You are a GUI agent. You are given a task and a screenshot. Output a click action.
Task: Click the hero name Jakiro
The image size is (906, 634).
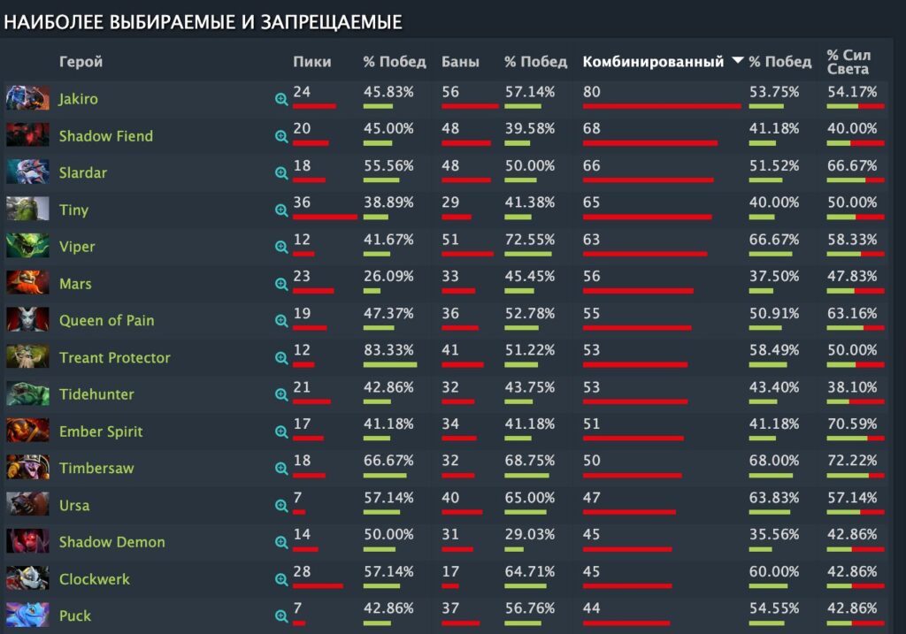(x=78, y=99)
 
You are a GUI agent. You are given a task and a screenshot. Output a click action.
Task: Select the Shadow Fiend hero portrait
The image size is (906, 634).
(x=27, y=135)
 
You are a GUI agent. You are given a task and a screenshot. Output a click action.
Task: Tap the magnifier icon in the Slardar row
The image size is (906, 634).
(x=281, y=173)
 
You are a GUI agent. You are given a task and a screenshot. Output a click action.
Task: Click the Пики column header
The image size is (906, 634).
(x=312, y=62)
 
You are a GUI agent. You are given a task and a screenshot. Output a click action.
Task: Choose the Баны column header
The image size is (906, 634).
(x=460, y=62)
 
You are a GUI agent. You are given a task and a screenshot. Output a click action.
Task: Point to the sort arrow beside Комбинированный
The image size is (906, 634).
(x=737, y=62)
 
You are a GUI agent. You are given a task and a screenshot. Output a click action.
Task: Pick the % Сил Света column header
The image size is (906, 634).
(x=848, y=62)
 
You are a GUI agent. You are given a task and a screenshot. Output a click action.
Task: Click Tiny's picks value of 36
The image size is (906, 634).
(x=302, y=202)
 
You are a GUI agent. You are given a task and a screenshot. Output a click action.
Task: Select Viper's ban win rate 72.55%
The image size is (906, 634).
(x=529, y=239)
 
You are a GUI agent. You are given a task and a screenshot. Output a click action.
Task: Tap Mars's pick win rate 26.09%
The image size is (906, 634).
(x=388, y=276)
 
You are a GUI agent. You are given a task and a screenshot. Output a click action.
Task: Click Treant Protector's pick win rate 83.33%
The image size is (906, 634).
(x=388, y=349)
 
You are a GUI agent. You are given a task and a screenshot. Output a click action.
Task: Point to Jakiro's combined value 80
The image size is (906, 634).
(x=591, y=91)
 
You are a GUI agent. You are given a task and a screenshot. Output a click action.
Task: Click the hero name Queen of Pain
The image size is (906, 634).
(x=106, y=321)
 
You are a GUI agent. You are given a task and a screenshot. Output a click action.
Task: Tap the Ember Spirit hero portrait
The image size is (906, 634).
(x=27, y=431)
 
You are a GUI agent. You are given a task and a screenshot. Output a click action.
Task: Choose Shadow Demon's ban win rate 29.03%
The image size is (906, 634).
(x=529, y=534)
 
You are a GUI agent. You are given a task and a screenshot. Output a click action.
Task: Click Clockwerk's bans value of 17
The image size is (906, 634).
(x=450, y=571)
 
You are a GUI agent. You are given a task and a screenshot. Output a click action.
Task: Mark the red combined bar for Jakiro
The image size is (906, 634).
(x=662, y=106)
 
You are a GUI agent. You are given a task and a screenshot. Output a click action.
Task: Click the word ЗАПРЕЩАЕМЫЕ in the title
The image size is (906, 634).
(x=330, y=23)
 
